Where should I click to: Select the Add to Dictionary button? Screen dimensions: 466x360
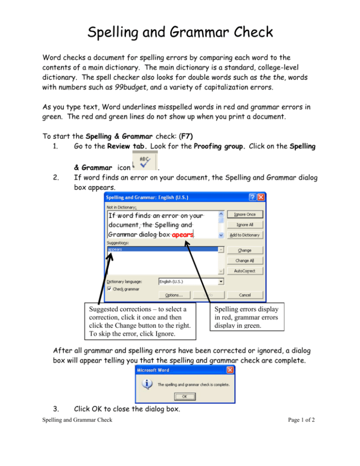point(245,235)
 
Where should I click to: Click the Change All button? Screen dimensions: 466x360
point(245,260)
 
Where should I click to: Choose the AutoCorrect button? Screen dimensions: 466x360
point(245,271)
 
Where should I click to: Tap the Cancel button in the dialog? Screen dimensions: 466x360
point(245,295)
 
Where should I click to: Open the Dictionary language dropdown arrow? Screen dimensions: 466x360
point(221,282)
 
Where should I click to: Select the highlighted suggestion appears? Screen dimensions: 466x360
point(115,250)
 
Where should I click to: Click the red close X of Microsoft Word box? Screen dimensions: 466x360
point(230,370)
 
